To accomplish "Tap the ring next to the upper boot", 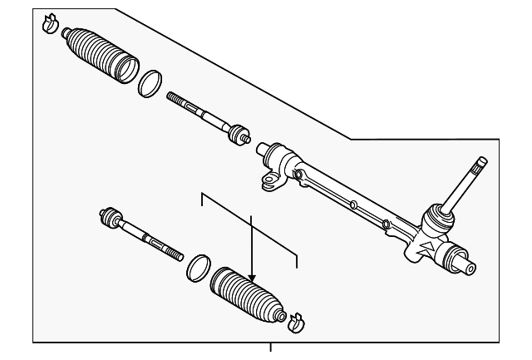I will (150, 82).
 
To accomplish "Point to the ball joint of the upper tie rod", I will (239, 133).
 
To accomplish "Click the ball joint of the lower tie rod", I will (108, 218).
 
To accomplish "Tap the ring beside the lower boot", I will (197, 267).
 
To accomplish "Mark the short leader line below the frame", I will (270, 349).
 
